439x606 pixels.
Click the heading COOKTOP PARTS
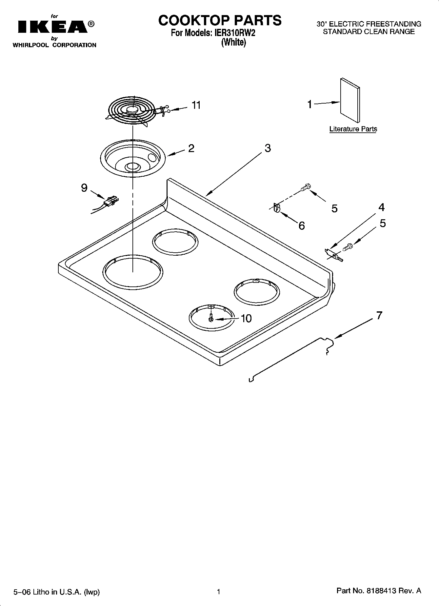click(x=220, y=20)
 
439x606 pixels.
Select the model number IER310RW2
click(x=234, y=33)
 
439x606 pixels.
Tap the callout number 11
click(x=196, y=105)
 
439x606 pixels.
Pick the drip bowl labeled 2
click(x=133, y=158)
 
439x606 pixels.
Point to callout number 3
click(x=268, y=148)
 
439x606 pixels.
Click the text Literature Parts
click(x=353, y=129)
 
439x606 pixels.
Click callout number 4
click(x=381, y=207)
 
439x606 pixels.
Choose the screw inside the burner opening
click(x=211, y=318)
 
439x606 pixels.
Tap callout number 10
click(x=246, y=318)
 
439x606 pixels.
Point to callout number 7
click(x=379, y=315)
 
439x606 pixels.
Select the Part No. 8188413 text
click(x=379, y=591)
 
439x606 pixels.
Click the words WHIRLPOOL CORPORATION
click(x=54, y=45)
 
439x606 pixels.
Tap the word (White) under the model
click(x=233, y=42)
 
